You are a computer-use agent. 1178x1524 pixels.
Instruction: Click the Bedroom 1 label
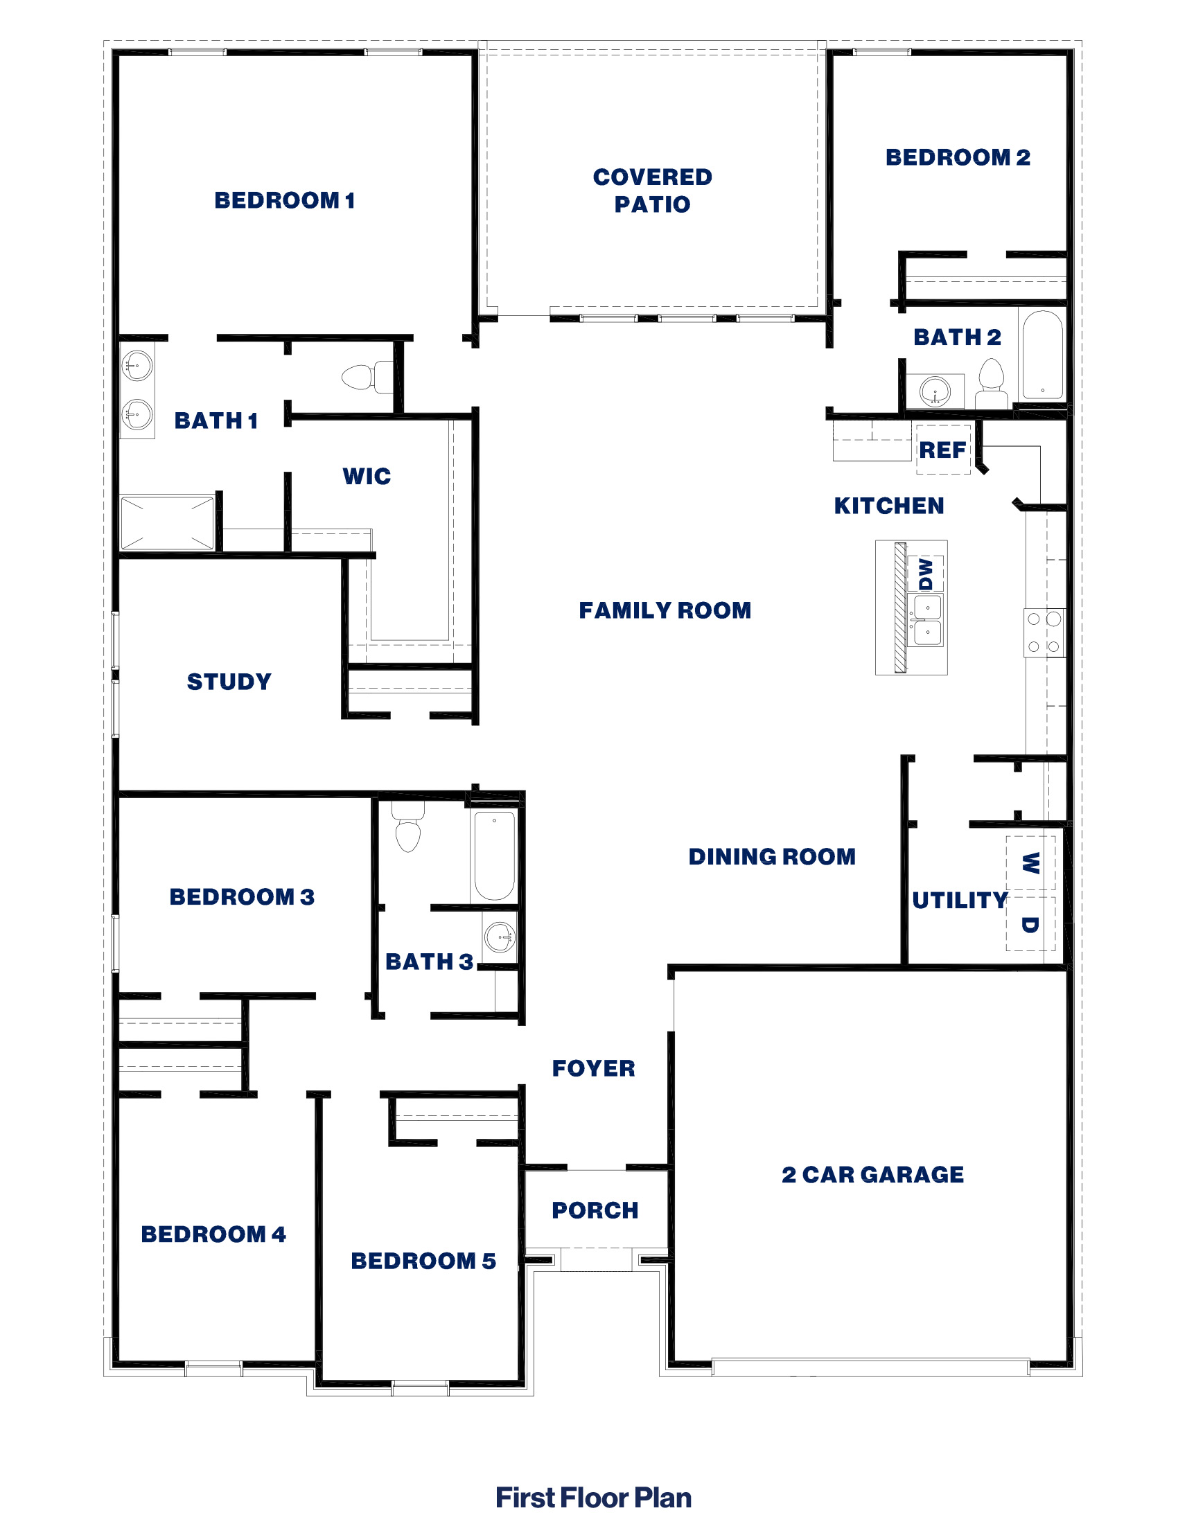285,200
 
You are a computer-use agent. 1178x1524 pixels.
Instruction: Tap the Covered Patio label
653,190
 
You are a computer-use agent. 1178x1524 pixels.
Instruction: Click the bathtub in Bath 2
1041,356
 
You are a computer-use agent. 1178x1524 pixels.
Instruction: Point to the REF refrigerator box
943,450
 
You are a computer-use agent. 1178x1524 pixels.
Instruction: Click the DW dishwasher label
926,574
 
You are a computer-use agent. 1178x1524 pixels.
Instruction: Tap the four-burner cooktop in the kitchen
1044,633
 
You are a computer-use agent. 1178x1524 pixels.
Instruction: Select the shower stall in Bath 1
168,522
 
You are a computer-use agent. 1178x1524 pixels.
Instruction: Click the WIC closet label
367,477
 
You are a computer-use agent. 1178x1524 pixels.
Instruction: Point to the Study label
229,682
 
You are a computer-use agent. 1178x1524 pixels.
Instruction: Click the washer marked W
1030,863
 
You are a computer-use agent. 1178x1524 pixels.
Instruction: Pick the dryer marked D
1030,925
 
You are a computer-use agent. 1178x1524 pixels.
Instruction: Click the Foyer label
593,1068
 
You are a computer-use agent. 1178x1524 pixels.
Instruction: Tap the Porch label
595,1210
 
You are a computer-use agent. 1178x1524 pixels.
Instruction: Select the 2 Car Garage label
872,1174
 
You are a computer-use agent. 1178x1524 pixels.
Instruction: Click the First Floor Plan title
593,1498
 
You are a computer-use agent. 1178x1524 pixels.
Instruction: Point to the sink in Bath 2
935,391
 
